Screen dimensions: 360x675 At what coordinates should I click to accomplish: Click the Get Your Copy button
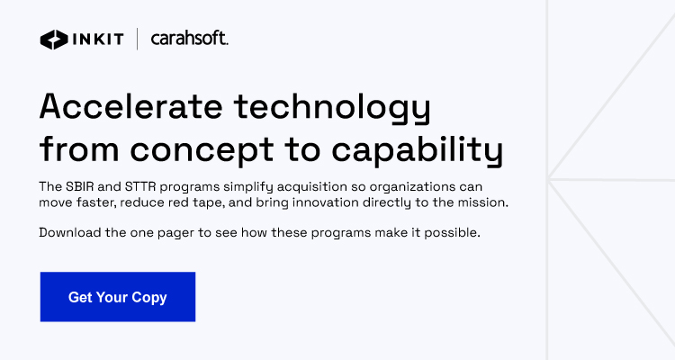click(x=118, y=297)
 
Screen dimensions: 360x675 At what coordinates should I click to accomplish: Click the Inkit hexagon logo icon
click(x=52, y=40)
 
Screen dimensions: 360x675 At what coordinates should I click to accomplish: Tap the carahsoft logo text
click(x=190, y=40)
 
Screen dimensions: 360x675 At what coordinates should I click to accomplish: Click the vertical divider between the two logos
click(x=138, y=40)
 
